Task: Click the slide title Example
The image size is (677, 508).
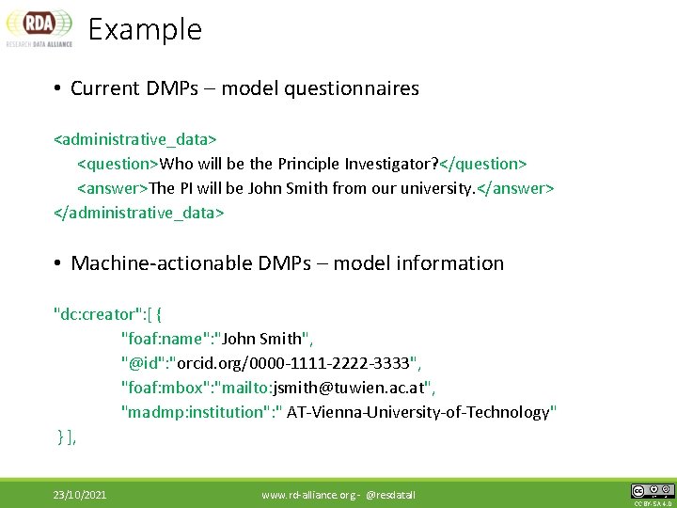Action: click(x=145, y=29)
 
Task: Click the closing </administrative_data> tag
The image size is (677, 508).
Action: click(x=139, y=213)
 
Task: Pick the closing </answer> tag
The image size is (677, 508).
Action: click(x=516, y=188)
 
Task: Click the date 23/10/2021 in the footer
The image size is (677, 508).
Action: click(x=79, y=494)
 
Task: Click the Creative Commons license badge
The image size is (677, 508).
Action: click(x=653, y=491)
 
